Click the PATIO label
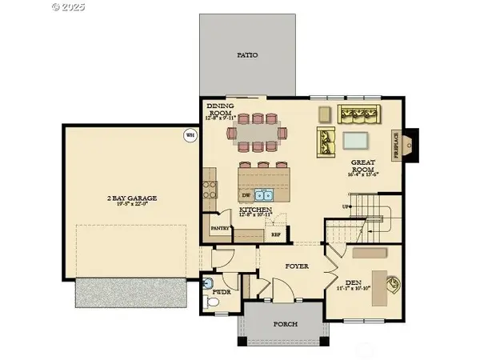[247, 56]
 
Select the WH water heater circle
[190, 134]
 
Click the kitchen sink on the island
[267, 194]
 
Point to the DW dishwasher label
[246, 194]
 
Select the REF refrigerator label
[276, 235]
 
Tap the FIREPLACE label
[395, 146]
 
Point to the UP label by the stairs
[323, 206]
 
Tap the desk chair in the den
[393, 282]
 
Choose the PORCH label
[285, 324]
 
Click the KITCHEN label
[256, 212]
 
